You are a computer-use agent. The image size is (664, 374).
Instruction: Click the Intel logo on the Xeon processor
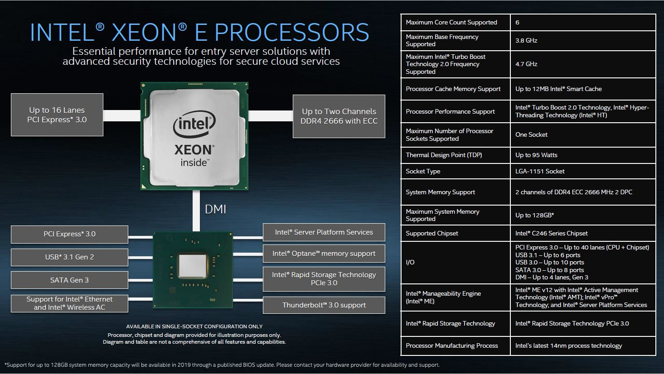194,124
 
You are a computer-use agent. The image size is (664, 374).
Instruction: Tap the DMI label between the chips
215,209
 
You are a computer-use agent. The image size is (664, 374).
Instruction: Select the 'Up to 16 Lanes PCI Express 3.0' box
57,115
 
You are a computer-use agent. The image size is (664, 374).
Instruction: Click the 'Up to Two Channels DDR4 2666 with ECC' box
339,116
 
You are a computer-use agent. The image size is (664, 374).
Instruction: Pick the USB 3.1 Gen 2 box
69,257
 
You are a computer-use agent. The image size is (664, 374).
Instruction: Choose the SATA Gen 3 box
69,280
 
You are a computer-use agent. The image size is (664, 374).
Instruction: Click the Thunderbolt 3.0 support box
324,305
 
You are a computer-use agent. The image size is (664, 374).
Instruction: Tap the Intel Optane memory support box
324,254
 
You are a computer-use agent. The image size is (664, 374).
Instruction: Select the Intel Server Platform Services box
324,232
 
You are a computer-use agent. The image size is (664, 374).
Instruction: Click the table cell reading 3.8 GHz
526,41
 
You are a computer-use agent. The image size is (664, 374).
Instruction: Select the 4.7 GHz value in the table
526,64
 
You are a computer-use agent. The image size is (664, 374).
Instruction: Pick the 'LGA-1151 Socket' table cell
540,172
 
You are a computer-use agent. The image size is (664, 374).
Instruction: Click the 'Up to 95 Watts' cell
536,155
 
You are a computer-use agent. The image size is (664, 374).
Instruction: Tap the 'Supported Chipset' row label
432,234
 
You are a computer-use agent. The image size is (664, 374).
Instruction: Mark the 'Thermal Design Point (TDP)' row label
444,155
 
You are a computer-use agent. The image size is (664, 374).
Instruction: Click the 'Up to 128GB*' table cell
534,216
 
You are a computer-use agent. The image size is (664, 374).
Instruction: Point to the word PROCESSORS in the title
291,33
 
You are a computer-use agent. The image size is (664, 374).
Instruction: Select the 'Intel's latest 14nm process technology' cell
568,346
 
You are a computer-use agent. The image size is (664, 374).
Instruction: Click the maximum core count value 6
518,23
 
